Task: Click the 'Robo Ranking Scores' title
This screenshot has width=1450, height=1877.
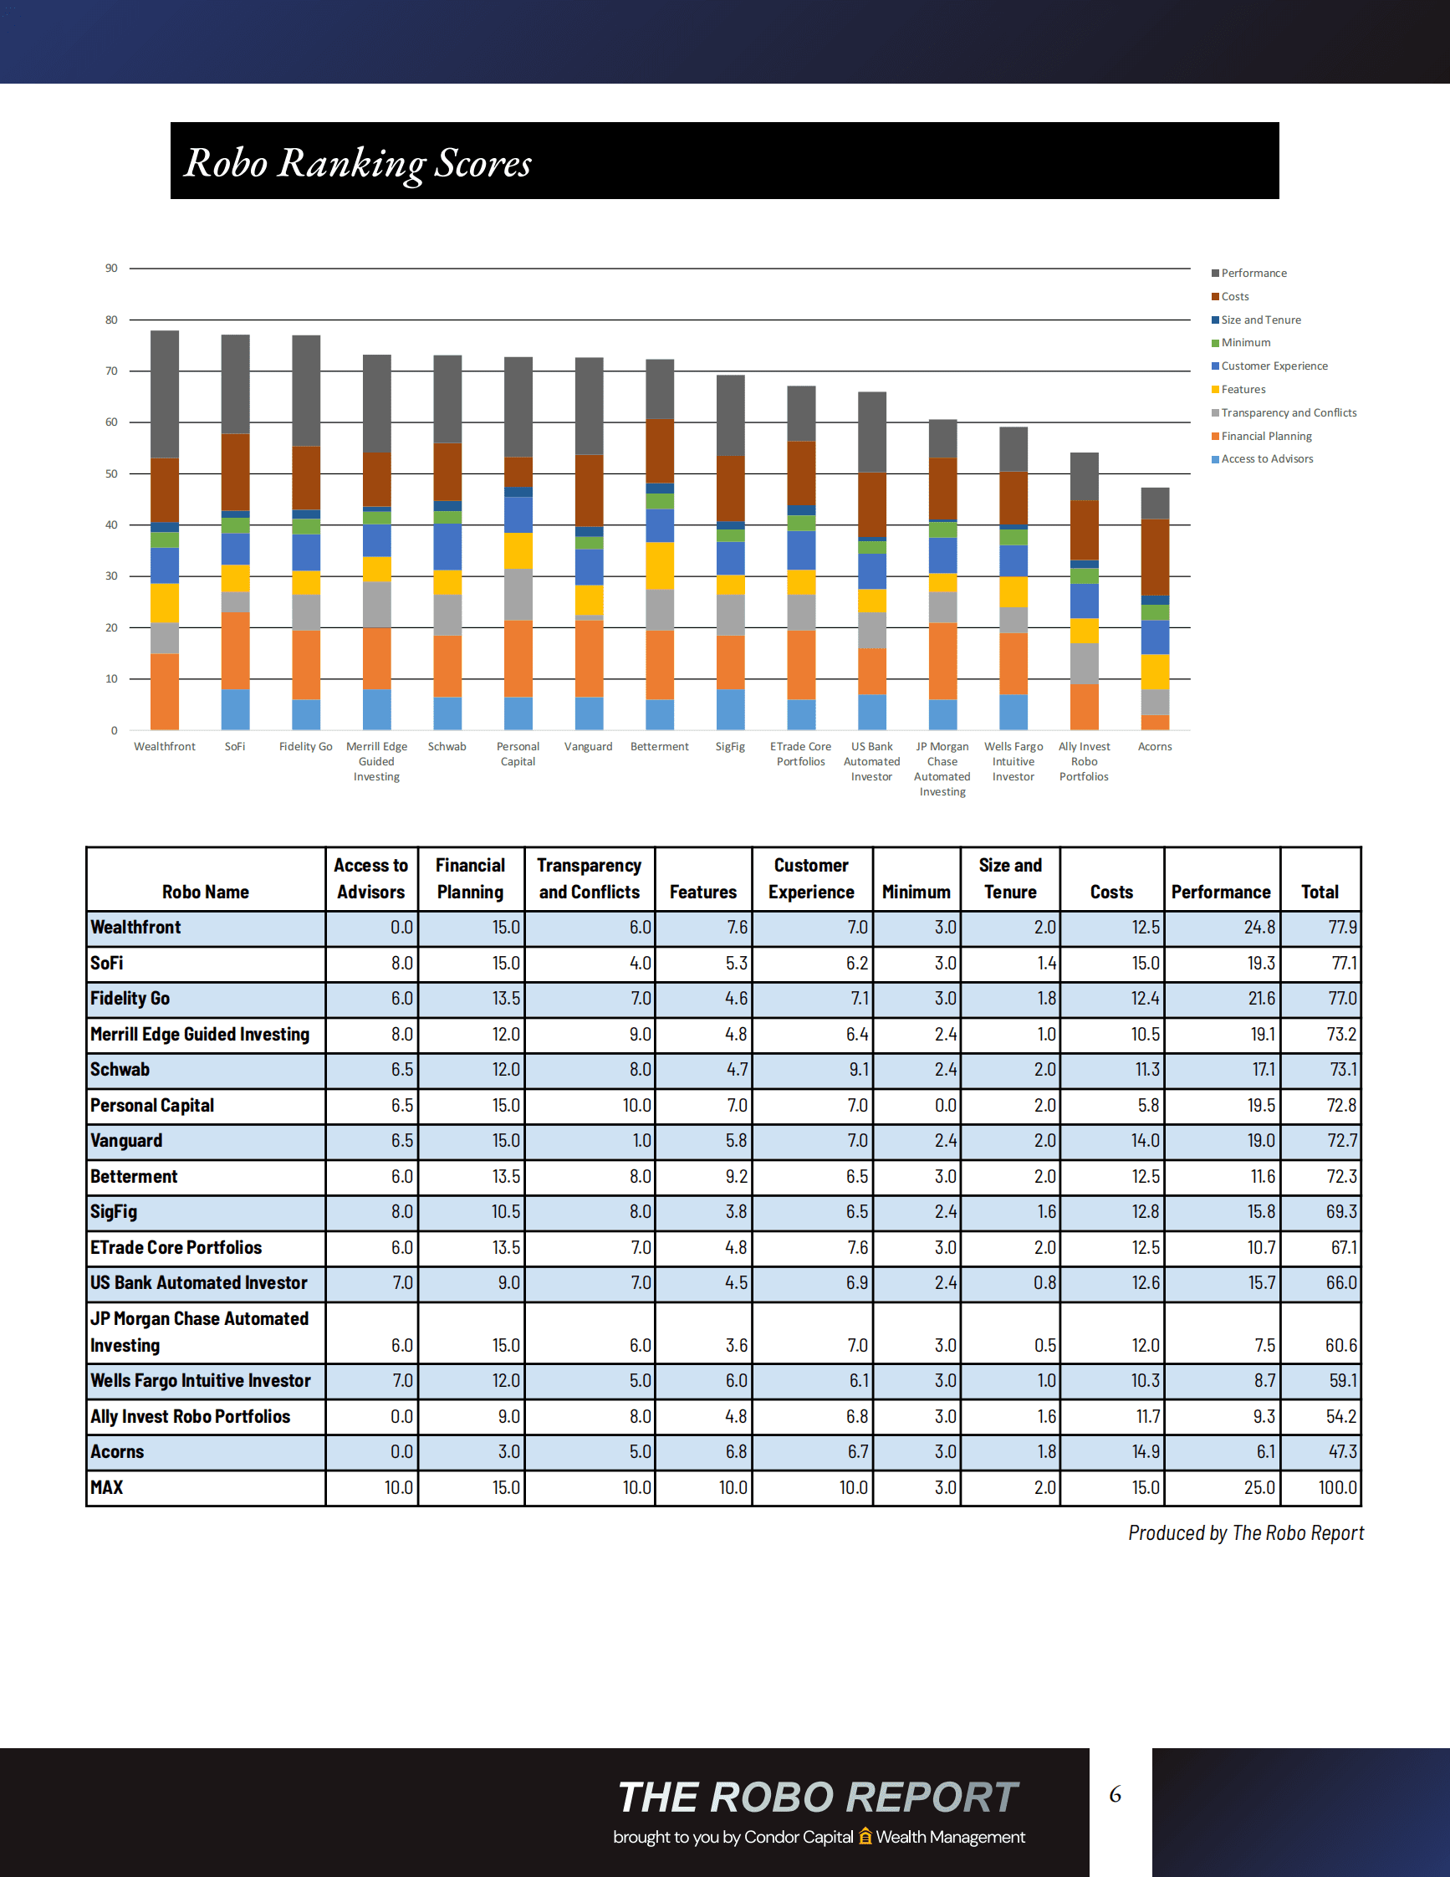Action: coord(358,162)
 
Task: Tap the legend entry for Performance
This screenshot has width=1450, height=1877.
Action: coord(1253,274)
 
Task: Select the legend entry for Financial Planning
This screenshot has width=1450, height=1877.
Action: coord(1265,436)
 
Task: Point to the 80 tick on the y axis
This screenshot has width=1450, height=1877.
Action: coord(112,320)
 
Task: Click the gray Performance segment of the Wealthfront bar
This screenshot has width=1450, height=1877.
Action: coord(165,394)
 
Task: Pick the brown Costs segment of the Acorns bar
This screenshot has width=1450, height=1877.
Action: coord(1155,557)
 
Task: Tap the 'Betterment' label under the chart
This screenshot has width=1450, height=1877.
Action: coord(659,747)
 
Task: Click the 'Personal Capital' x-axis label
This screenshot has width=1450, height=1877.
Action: coord(518,754)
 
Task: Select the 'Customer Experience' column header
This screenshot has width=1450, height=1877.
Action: coord(811,878)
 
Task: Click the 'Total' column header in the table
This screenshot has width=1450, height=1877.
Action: coord(1320,892)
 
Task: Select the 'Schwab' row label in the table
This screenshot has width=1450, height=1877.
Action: coord(120,1070)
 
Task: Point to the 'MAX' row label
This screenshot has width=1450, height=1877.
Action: coord(107,1488)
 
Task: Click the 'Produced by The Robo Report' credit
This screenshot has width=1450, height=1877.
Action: coord(1246,1533)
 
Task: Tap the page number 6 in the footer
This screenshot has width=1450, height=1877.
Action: coord(1115,1794)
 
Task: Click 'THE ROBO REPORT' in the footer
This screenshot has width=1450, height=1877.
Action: coord(818,1797)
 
